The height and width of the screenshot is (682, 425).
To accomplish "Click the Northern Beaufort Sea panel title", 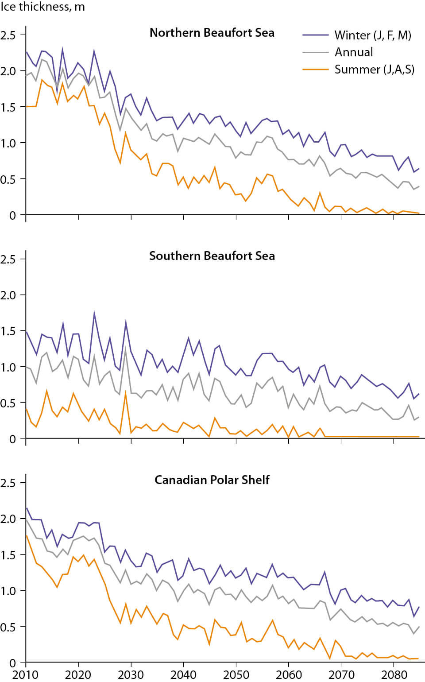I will point(212,33).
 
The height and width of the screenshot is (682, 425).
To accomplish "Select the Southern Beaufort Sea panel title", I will point(212,256).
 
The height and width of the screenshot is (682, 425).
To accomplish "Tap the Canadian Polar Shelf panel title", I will point(212,480).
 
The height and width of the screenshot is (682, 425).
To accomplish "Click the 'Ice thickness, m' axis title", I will point(42,7).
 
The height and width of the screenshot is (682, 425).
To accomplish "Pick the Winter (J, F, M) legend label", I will point(373,35).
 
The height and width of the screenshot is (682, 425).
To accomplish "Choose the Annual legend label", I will point(354,52).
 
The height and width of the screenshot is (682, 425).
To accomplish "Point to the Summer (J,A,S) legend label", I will point(375,70).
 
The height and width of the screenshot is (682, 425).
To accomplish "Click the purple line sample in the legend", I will point(316,35).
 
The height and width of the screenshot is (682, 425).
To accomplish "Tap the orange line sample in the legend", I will point(316,70).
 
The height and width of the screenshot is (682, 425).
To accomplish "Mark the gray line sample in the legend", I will point(316,52).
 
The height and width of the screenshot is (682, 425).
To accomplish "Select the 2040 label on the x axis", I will point(183,674).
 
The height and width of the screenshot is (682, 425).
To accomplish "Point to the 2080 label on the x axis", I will point(394,674).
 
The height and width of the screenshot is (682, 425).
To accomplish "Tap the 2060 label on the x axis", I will point(289,674).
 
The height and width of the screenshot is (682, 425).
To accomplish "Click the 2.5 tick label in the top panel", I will point(8,35).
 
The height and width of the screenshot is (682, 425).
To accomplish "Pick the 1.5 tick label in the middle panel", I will point(8,331).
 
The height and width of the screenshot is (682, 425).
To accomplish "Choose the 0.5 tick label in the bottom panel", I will point(8,627).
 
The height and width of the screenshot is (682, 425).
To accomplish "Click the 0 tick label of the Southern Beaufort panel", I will point(12,439).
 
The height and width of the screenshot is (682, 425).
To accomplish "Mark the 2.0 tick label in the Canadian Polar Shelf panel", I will point(8,519).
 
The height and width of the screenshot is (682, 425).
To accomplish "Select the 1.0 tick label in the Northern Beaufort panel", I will point(8,143).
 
